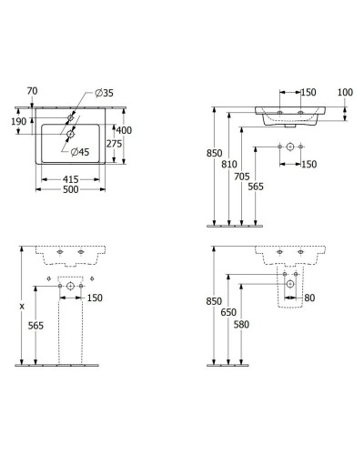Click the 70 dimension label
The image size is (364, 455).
(x=33, y=91)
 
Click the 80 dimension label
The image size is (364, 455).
(x=312, y=297)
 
